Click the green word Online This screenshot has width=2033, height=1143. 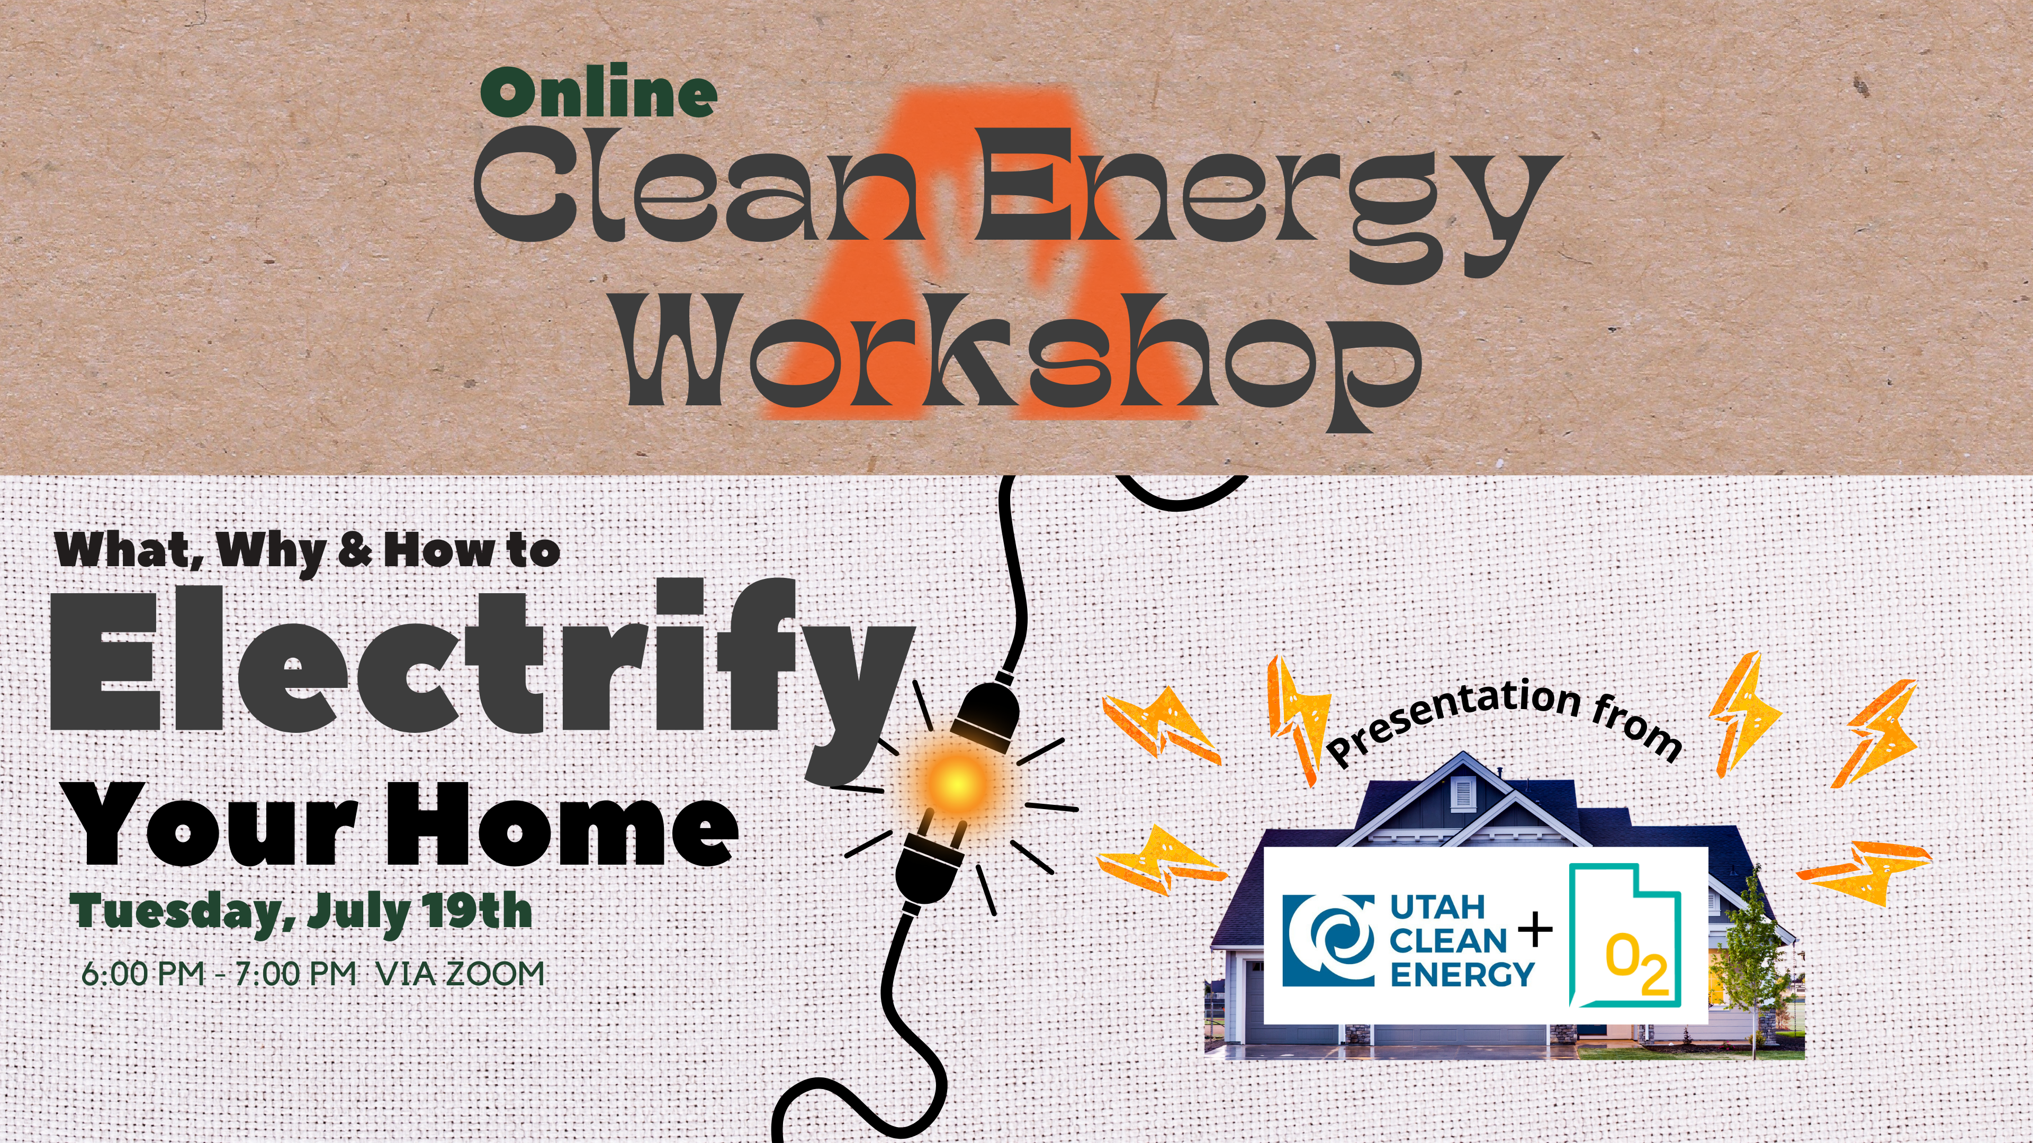pos(599,92)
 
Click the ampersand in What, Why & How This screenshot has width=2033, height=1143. pos(355,550)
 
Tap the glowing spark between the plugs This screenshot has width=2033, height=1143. pos(956,783)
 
